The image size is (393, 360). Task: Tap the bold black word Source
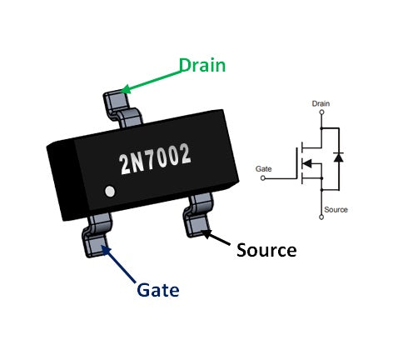pyautogui.click(x=266, y=249)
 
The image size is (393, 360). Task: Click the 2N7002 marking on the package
pyautogui.click(x=156, y=155)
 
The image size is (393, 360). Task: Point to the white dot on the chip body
pyautogui.click(x=109, y=192)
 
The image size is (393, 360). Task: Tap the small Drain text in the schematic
pyautogui.click(x=321, y=103)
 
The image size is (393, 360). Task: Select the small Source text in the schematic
pyautogui.click(x=336, y=209)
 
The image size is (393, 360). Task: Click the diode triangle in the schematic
pyautogui.click(x=337, y=156)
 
